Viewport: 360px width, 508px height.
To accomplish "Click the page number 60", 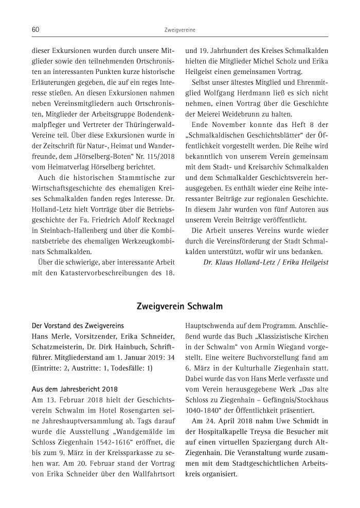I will coord(35,30).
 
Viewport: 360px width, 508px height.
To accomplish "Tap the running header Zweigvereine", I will coord(179,30).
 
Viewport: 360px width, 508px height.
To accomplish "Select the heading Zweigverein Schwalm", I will coord(179,307).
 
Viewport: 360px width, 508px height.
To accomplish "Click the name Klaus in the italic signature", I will coord(223,262).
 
